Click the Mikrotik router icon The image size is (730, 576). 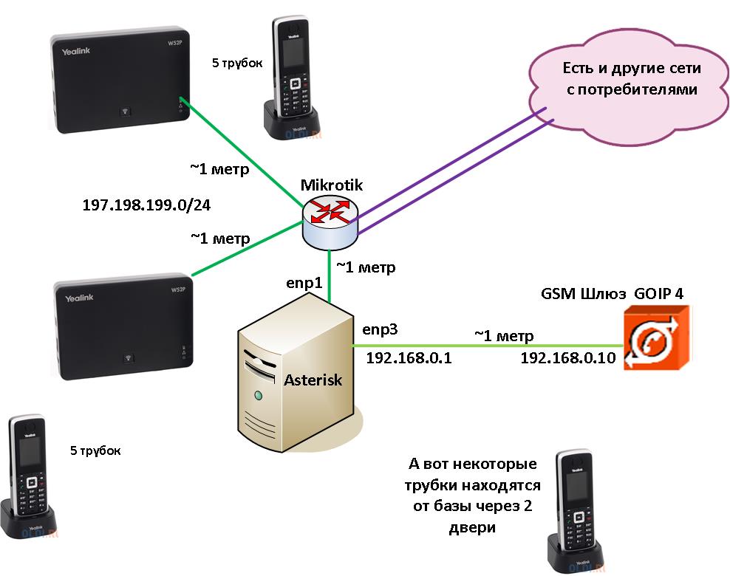(330, 222)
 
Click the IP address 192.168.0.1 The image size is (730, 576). (409, 358)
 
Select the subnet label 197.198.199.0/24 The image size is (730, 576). (146, 205)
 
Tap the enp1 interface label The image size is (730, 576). (305, 284)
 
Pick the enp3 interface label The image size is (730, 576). (379, 329)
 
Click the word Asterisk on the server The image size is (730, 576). (313, 380)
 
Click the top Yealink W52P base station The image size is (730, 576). (118, 83)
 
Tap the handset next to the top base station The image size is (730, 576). (292, 74)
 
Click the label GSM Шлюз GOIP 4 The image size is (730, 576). (612, 293)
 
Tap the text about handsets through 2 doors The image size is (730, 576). (472, 496)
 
